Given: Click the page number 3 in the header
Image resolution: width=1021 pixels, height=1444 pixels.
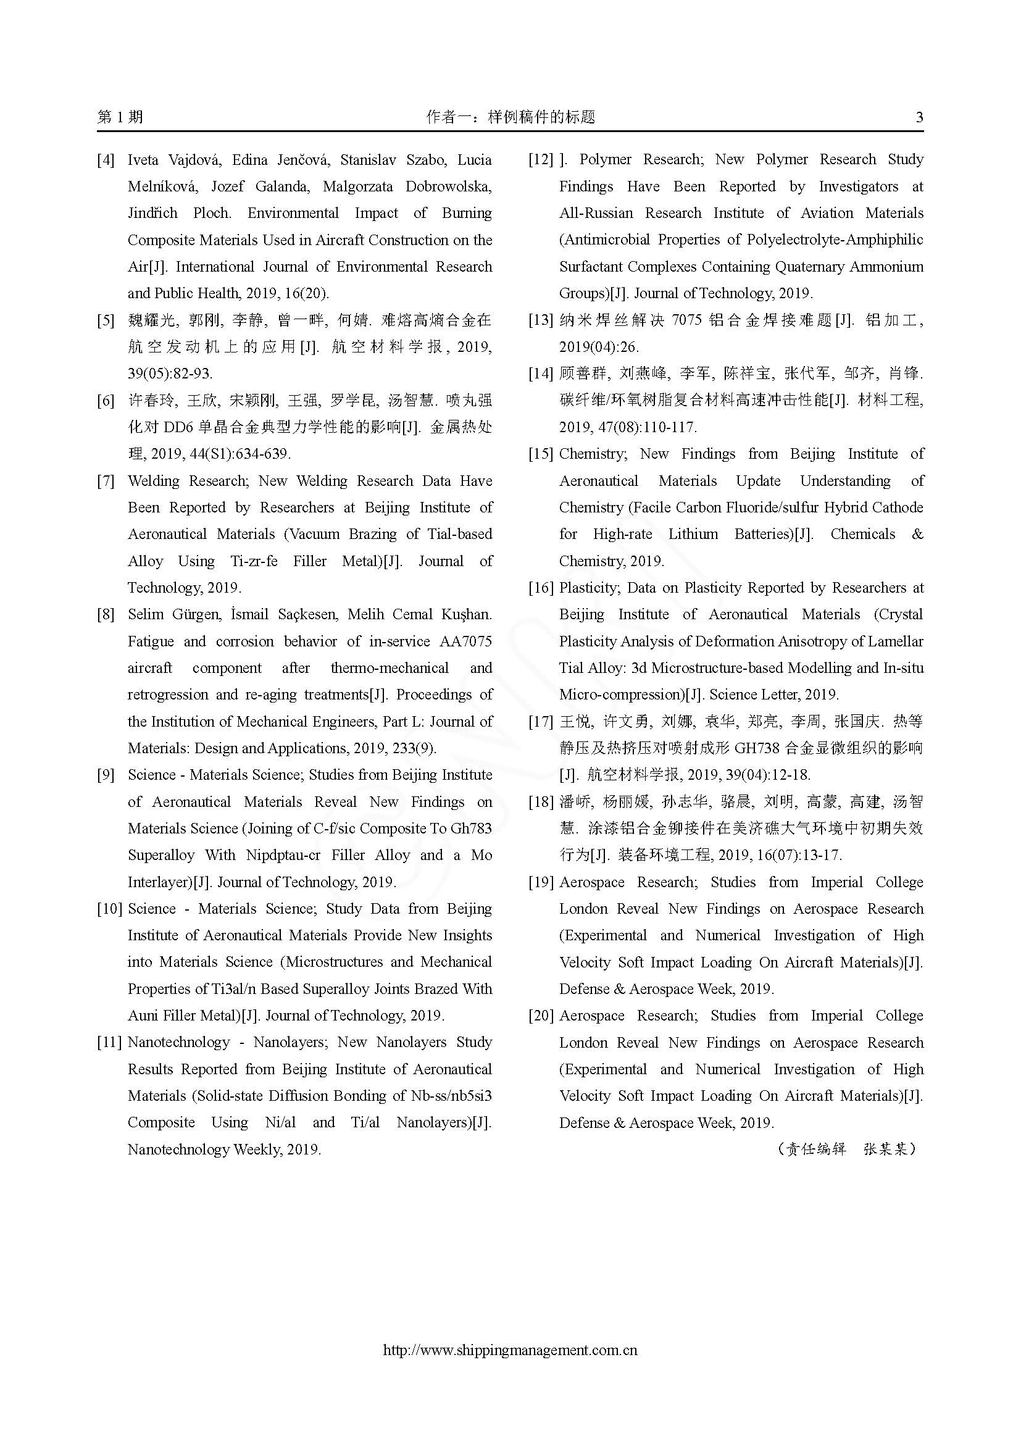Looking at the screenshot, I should (919, 117).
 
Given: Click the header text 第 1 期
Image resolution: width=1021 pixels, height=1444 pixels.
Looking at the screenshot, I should (120, 117).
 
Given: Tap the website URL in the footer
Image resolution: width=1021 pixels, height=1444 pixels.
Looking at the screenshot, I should (510, 1350).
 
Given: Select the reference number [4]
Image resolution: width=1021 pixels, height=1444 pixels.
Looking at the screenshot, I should (106, 161).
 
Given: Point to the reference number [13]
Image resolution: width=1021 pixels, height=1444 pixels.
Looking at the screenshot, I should (541, 321).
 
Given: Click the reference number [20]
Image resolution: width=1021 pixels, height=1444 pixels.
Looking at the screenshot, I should (541, 1016).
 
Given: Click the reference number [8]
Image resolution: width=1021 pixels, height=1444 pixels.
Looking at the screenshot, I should (106, 615).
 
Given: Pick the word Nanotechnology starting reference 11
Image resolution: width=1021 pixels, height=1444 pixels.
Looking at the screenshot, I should (178, 1043).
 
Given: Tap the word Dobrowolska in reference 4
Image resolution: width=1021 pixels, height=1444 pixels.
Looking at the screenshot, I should (448, 187).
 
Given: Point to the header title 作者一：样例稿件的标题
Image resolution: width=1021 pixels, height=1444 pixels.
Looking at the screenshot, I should (510, 117).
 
